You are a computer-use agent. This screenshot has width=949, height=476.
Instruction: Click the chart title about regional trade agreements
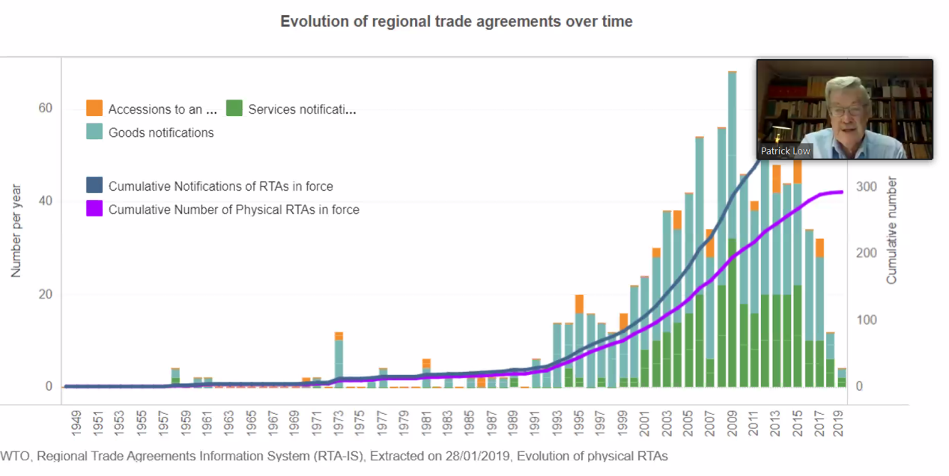click(x=456, y=22)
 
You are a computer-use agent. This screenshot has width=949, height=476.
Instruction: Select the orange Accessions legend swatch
click(x=94, y=109)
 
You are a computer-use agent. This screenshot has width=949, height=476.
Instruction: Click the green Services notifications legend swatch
click(x=234, y=109)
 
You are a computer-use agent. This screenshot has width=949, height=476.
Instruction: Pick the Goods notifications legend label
click(x=161, y=132)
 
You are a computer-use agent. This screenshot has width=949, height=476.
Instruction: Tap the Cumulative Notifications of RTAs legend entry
click(x=220, y=186)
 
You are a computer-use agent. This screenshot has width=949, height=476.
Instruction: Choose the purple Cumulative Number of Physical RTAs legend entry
click(x=234, y=210)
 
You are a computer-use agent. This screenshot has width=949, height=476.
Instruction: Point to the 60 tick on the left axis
click(x=45, y=109)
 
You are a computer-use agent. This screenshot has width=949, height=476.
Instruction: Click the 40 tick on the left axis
click(x=45, y=201)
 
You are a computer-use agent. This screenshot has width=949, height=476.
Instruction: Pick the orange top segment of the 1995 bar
click(x=579, y=304)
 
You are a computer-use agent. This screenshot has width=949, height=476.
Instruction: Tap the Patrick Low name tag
click(x=786, y=151)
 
